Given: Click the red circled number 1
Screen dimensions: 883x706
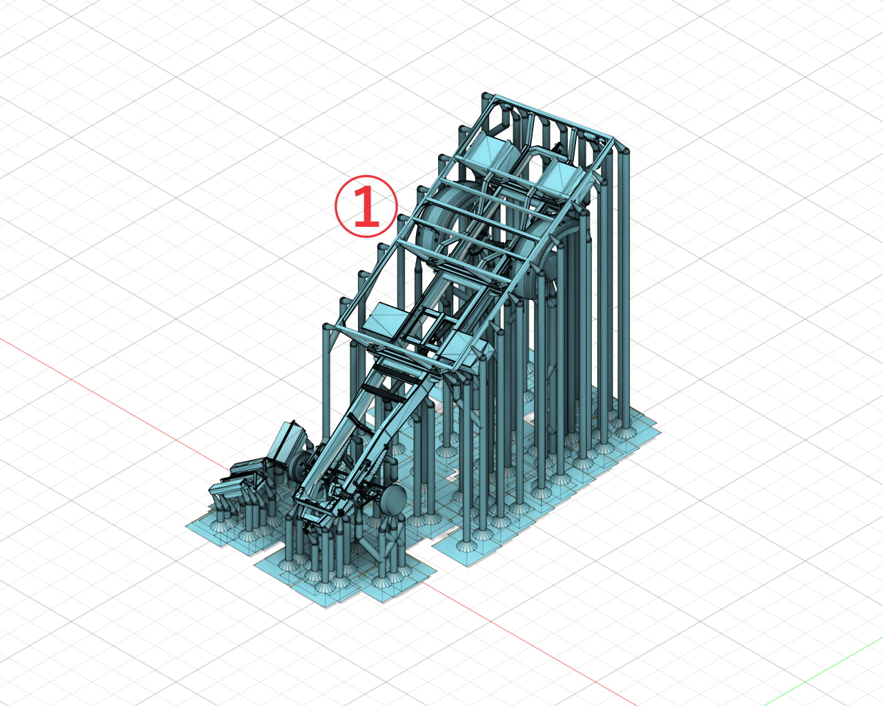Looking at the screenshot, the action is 366,206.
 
